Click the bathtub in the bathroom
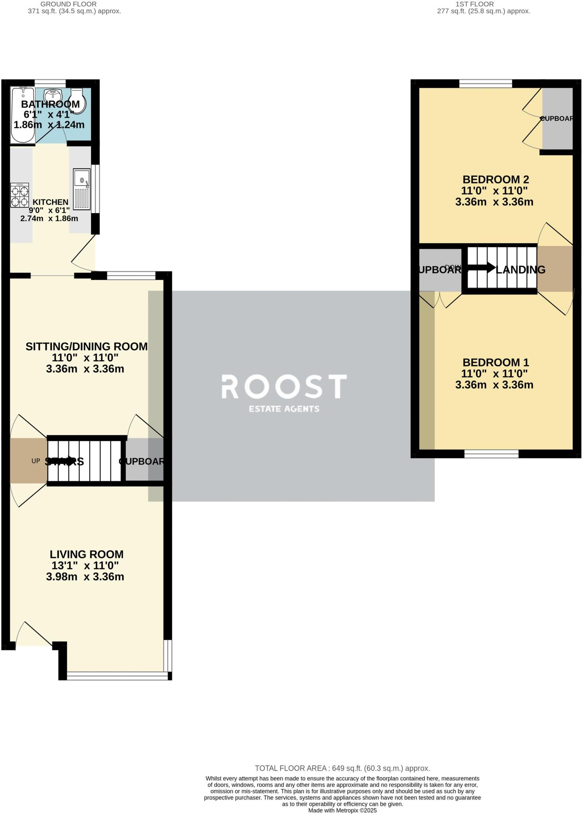coord(22,115)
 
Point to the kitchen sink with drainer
coord(82,189)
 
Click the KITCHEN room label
coord(50,202)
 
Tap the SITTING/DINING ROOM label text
coord(86,347)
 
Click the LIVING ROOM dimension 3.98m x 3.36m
coord(85,576)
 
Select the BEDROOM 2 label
coord(496,180)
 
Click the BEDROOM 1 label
coord(496,362)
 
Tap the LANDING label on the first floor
coord(521,270)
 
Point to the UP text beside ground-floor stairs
coord(36,461)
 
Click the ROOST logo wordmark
coord(284,387)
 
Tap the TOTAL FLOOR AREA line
coord(342,768)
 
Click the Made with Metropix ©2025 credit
coord(342,810)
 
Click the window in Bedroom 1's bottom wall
coord(492,454)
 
